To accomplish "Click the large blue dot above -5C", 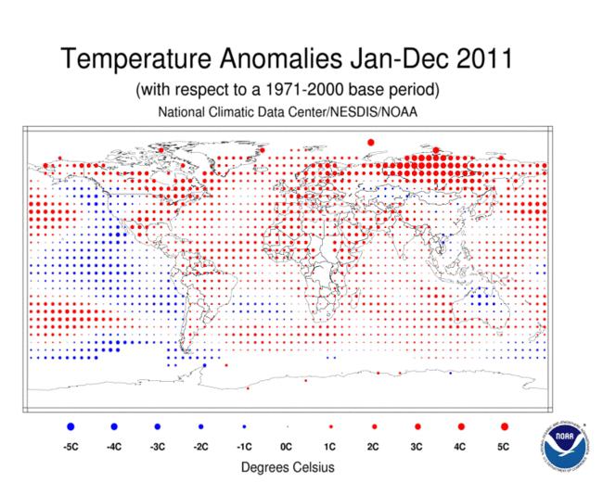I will click(x=71, y=426).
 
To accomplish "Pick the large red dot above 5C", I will click(x=504, y=426).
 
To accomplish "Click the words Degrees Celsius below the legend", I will click(x=288, y=467).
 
